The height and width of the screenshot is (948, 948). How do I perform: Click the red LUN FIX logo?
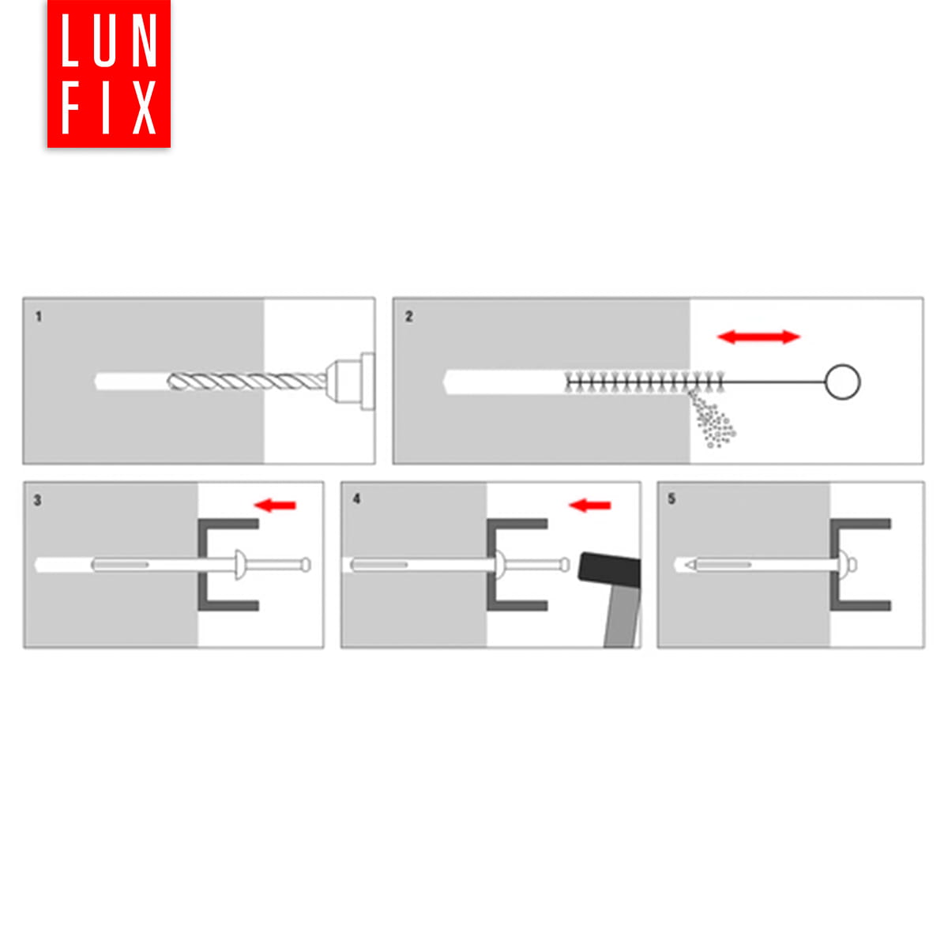pyautogui.click(x=109, y=73)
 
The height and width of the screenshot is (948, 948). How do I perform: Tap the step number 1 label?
pyautogui.click(x=39, y=317)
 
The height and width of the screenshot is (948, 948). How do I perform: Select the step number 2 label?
pyautogui.click(x=408, y=317)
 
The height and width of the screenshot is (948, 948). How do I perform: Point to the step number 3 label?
pyautogui.click(x=37, y=500)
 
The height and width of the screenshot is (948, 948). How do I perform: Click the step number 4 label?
pyautogui.click(x=356, y=498)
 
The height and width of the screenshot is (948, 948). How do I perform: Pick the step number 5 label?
pyautogui.click(x=671, y=498)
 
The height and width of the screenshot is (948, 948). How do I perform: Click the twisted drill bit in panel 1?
pyautogui.click(x=246, y=382)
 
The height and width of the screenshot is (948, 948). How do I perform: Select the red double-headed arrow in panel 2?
pyautogui.click(x=758, y=337)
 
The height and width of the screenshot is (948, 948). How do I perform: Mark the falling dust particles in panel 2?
pyautogui.click(x=711, y=419)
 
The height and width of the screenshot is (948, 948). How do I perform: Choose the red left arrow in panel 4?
pyautogui.click(x=589, y=506)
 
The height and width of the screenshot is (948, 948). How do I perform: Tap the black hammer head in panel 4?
pyautogui.click(x=610, y=570)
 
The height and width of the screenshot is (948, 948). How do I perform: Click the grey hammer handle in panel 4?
pyautogui.click(x=623, y=618)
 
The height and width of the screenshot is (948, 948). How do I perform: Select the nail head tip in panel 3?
pyautogui.click(x=306, y=565)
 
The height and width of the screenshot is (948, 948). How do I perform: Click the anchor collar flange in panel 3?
pyautogui.click(x=239, y=565)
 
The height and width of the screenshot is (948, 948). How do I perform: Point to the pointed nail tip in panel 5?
pyautogui.click(x=690, y=565)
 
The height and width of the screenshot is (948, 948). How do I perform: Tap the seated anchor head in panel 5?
pyautogui.click(x=849, y=565)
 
